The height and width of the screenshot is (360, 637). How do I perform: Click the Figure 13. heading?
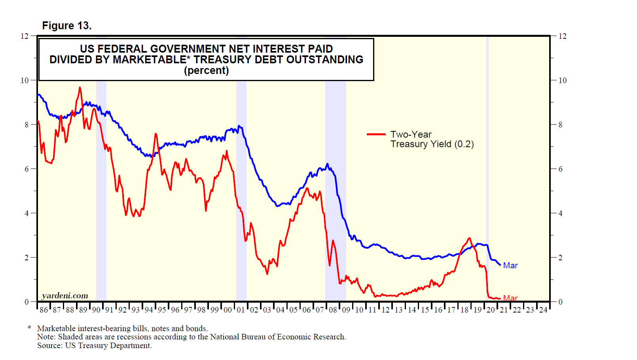click(x=67, y=26)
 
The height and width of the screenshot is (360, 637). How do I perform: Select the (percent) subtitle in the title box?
click(x=206, y=71)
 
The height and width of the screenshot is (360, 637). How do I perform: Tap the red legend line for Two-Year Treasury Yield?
click(x=376, y=135)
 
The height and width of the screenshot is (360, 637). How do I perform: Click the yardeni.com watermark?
click(x=65, y=296)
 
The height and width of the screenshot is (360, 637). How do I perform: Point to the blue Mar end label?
click(x=510, y=265)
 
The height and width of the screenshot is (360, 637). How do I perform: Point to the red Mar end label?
click(x=510, y=298)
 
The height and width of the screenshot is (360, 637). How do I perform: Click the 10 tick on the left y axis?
click(x=25, y=80)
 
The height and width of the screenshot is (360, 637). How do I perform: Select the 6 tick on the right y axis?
click(x=560, y=169)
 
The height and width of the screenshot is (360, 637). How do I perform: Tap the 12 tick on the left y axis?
click(x=25, y=36)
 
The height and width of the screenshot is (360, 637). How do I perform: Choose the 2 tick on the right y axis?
click(x=560, y=258)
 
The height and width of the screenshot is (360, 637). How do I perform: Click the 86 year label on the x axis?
click(x=44, y=310)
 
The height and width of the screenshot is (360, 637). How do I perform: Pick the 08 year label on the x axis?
click(x=333, y=310)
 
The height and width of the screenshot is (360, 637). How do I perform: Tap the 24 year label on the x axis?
click(x=543, y=310)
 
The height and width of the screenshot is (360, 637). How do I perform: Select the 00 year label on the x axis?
click(x=227, y=310)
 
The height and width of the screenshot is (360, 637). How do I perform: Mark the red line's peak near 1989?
click(x=80, y=87)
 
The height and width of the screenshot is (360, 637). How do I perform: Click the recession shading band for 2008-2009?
click(x=336, y=190)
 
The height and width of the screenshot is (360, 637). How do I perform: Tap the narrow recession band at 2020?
click(x=487, y=158)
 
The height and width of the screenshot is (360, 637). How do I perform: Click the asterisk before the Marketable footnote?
click(x=29, y=328)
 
